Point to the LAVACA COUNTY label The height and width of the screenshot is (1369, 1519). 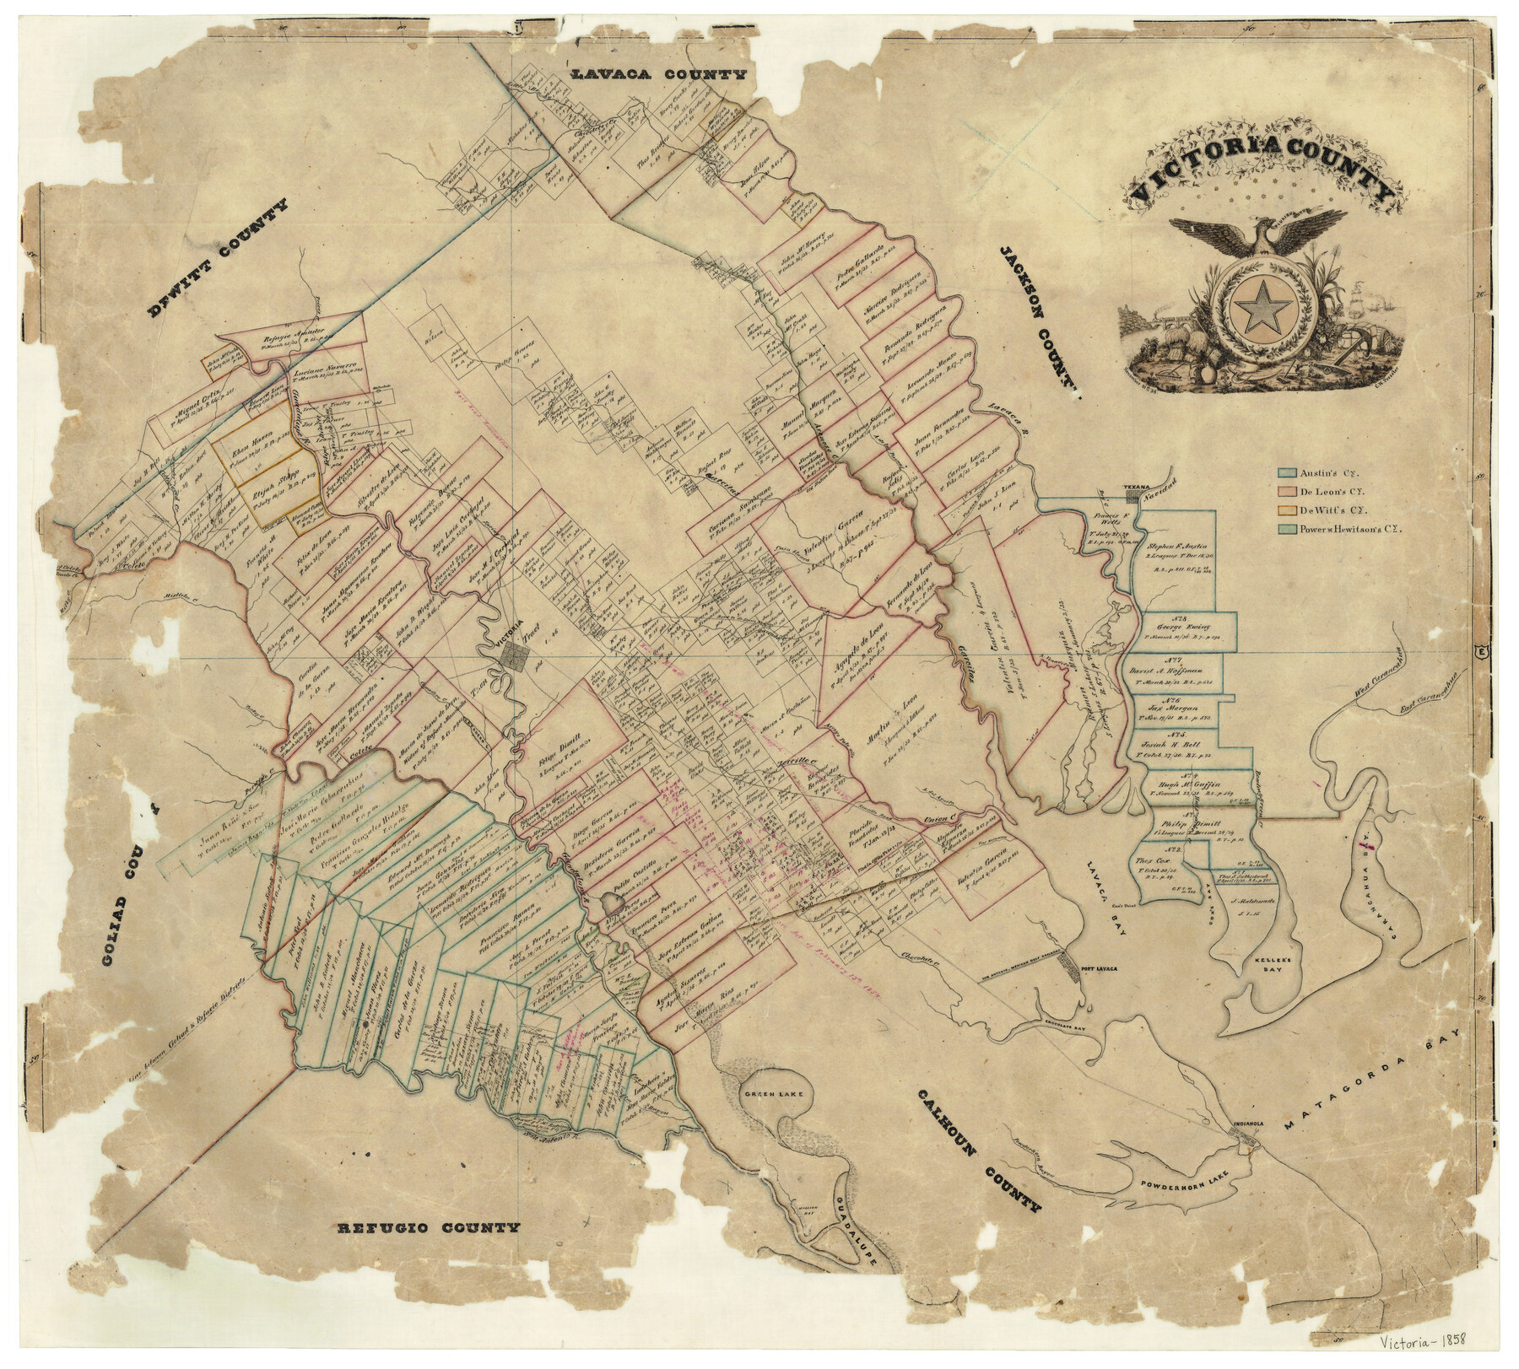click(660, 75)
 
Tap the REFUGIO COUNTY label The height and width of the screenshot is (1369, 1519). click(429, 1227)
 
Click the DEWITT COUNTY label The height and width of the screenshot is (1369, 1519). click(218, 259)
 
